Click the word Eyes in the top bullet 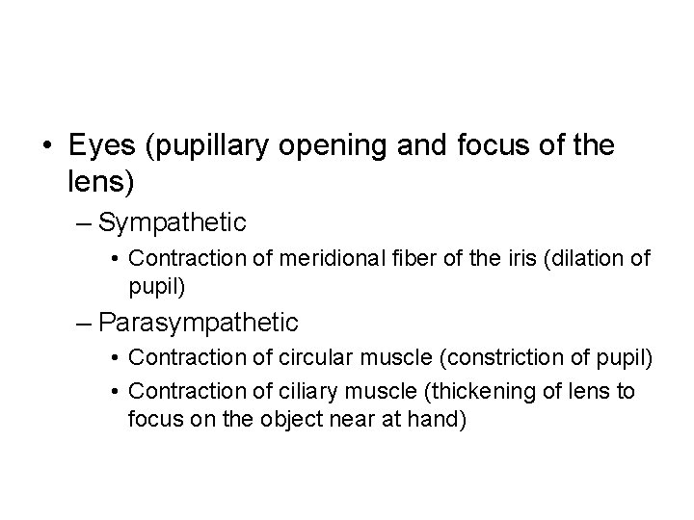pos(100,146)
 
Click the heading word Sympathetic pos(173,223)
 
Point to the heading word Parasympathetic pos(199,322)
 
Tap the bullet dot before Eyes pos(47,146)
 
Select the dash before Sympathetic pos(84,223)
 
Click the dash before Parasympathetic pos(84,322)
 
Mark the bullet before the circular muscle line pos(115,357)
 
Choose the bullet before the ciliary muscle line pos(115,390)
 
